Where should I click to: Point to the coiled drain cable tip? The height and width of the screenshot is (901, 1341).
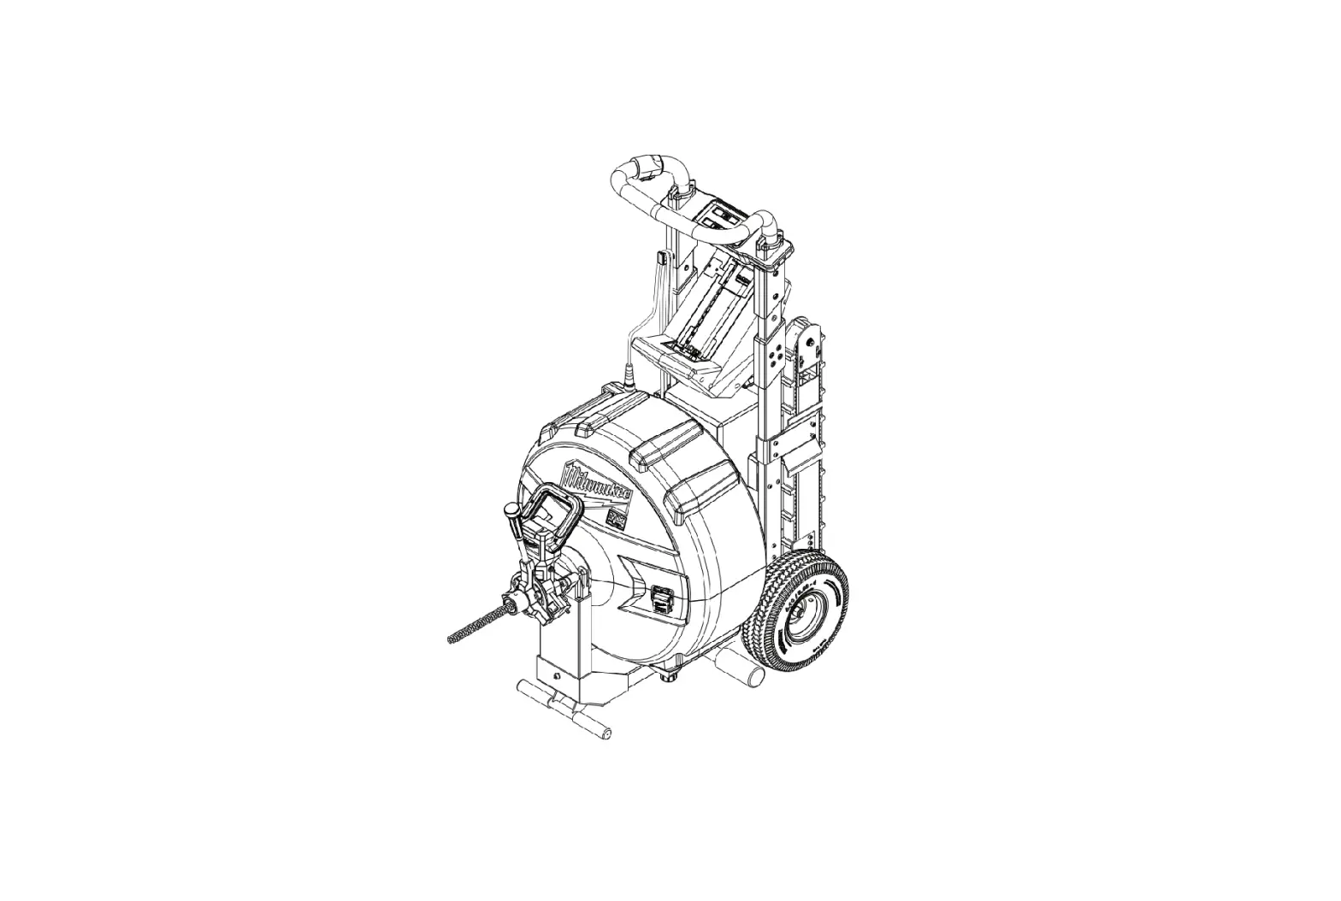pyautogui.click(x=458, y=635)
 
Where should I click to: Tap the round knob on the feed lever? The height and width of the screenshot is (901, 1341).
pyautogui.click(x=511, y=511)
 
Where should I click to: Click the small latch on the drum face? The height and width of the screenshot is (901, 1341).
pyautogui.click(x=661, y=598)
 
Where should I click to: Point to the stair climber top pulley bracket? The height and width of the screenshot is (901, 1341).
pyautogui.click(x=807, y=342)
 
